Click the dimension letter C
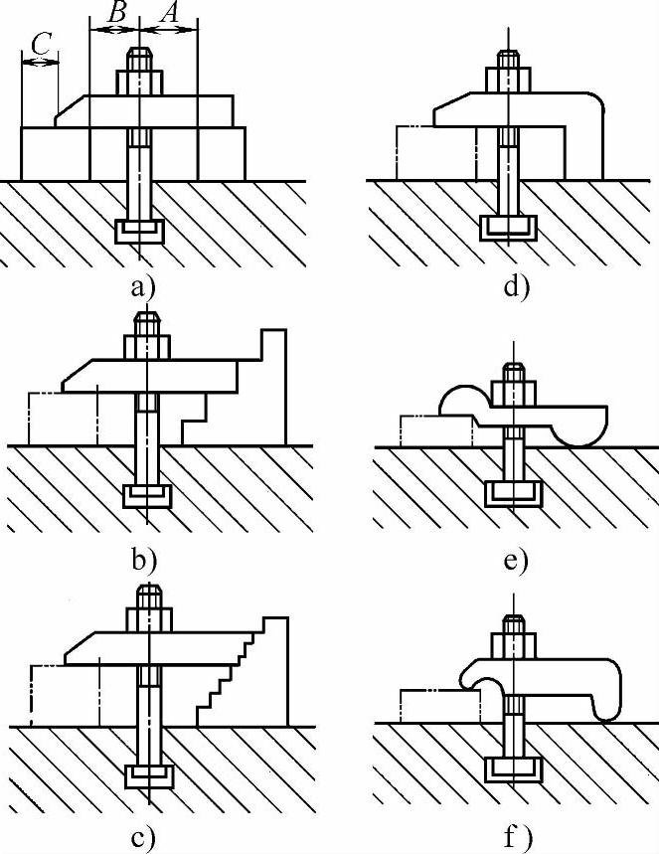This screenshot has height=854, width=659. tap(39, 45)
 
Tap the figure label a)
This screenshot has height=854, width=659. tap(143, 287)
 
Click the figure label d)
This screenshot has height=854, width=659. tap(516, 288)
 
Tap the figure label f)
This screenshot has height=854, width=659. tap(516, 837)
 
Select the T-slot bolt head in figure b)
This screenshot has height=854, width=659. tap(147, 495)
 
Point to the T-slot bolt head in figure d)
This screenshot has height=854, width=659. tap(507, 228)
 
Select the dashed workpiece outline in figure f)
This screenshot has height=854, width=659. tap(438, 706)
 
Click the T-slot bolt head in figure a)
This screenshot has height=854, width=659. tap(139, 233)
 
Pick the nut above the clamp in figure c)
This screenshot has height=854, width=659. tap(149, 617)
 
